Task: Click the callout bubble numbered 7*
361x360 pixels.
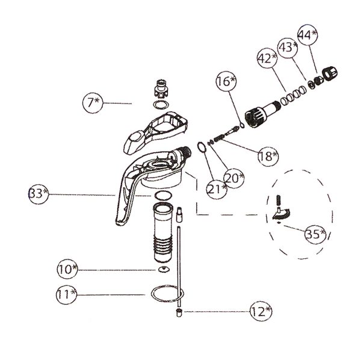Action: tap(93, 103)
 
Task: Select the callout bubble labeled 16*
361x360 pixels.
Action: tap(226, 81)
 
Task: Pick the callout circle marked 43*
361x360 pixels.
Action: tap(288, 47)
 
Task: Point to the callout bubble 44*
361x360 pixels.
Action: tap(307, 35)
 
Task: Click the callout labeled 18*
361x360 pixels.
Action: tap(268, 156)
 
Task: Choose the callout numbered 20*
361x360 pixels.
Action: tap(234, 178)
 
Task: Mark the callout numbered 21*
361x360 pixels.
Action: tap(217, 189)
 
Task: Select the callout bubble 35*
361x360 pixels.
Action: tap(315, 234)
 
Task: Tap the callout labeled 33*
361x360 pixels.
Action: tap(39, 194)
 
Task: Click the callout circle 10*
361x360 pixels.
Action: tap(67, 268)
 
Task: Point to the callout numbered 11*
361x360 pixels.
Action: tap(67, 294)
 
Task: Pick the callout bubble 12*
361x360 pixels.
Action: tap(261, 311)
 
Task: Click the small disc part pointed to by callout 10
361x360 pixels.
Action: tap(164, 269)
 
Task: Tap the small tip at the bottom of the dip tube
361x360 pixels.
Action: tap(179, 313)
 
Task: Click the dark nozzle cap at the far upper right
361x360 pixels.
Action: tap(330, 72)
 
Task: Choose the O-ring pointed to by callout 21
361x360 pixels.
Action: tap(202, 147)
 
